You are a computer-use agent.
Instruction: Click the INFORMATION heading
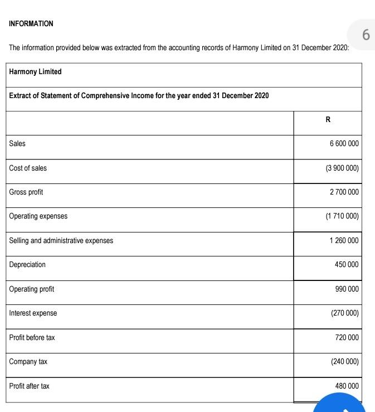point(31,24)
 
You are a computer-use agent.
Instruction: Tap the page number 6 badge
point(365,36)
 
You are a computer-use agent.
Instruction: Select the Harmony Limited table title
point(36,72)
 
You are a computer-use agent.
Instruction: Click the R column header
point(328,119)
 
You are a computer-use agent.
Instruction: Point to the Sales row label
point(17,144)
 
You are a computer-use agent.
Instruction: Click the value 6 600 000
point(344,144)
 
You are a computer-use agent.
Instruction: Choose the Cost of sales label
point(28,168)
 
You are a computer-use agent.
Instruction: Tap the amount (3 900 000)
point(342,168)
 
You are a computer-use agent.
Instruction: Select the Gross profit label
point(26,192)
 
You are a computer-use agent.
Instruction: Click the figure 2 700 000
point(344,192)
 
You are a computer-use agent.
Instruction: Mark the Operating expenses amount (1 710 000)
point(342,216)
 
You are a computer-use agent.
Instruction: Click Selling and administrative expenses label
point(61,241)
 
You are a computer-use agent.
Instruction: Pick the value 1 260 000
point(344,241)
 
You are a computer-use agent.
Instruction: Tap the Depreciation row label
point(27,265)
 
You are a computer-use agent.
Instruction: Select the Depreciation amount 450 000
point(347,265)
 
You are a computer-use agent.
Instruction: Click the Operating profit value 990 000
point(347,289)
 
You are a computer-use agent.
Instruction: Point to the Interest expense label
point(33,313)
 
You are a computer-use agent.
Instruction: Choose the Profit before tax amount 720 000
point(347,338)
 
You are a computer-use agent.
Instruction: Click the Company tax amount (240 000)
point(344,362)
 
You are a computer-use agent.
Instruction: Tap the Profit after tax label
point(29,386)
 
